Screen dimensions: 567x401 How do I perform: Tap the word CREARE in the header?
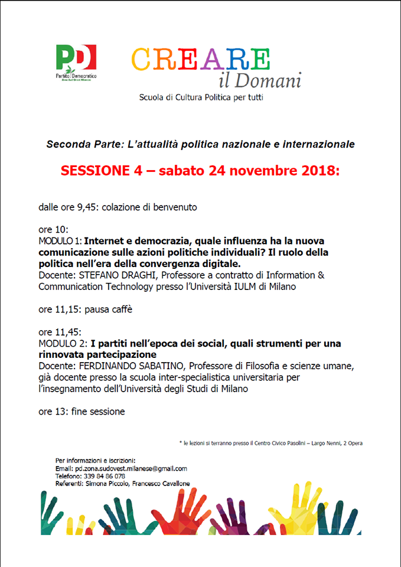coord(200,60)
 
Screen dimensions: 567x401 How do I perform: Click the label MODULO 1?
coord(60,241)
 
